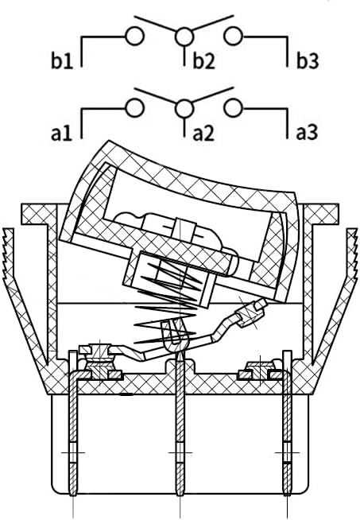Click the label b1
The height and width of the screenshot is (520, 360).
click(62, 60)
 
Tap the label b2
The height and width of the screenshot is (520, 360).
click(204, 60)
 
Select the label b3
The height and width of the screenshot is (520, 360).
click(308, 60)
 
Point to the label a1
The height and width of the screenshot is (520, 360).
click(62, 133)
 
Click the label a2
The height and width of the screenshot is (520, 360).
click(203, 133)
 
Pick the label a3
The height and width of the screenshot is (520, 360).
click(307, 133)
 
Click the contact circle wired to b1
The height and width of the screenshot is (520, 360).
click(134, 36)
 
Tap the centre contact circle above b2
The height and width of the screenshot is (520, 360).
click(184, 36)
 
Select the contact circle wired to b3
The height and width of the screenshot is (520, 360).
click(234, 36)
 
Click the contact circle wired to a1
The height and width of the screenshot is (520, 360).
click(134, 108)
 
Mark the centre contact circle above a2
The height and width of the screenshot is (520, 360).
click(184, 108)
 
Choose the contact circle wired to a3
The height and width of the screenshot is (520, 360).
click(234, 108)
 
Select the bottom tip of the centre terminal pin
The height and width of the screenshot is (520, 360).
click(180, 495)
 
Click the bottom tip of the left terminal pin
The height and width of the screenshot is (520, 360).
click(72, 495)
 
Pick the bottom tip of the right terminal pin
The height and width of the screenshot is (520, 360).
click(287, 495)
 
